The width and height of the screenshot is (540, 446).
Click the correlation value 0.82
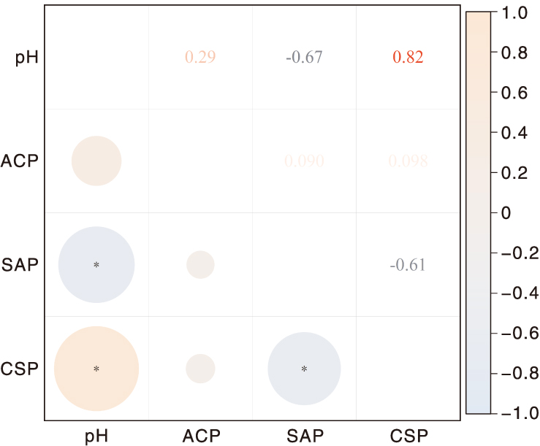tap(408, 58)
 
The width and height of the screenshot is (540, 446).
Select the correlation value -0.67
tap(304, 58)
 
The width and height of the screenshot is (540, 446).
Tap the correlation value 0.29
tap(199, 58)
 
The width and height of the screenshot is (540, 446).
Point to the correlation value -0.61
tap(408, 265)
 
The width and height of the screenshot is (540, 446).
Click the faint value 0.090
tap(304, 161)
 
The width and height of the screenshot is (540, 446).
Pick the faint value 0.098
tap(408, 161)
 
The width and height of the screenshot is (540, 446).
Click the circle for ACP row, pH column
tap(96, 161)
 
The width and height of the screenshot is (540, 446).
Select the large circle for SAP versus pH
tap(96, 265)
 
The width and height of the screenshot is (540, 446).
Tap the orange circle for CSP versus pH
tap(96, 369)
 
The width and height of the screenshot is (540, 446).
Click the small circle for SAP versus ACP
tap(200, 265)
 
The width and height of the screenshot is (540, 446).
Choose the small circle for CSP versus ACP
tap(200, 369)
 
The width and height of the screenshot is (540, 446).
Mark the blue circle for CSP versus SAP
tap(304, 369)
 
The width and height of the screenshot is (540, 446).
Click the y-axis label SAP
tap(20, 265)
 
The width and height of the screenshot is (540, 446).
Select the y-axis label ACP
tap(20, 161)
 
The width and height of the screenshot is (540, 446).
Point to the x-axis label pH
tap(96, 437)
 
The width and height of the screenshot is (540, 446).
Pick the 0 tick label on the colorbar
tap(506, 213)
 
